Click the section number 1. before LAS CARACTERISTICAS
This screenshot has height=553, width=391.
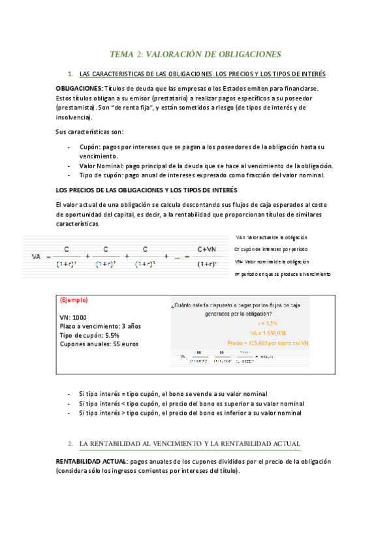(x=70, y=74)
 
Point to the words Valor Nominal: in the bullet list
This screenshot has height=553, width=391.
(x=101, y=166)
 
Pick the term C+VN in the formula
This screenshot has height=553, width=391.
(x=207, y=249)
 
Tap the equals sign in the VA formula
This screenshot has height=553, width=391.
(x=49, y=256)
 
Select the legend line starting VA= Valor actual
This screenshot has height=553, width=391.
(x=272, y=237)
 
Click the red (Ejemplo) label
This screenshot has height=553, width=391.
(x=73, y=301)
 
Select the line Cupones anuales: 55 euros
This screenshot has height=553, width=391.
(x=99, y=344)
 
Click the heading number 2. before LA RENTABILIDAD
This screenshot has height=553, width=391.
(x=70, y=444)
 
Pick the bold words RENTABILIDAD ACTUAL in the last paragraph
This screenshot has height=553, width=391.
(x=91, y=461)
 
